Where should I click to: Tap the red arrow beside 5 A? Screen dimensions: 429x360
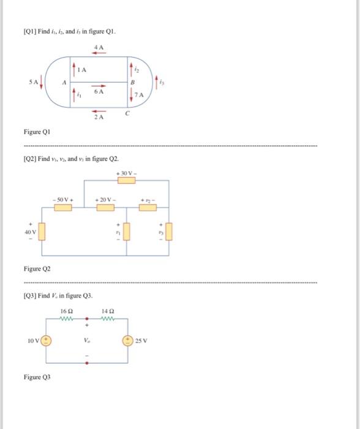point(41,82)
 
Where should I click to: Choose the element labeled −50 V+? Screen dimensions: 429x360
point(62,207)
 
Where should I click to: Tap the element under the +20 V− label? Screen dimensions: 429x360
point(105,207)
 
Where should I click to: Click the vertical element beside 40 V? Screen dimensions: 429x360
point(42,232)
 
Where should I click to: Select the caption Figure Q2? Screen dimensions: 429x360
point(37,269)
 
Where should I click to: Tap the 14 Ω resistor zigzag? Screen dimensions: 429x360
point(107,319)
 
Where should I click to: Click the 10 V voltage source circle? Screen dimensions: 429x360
point(46,340)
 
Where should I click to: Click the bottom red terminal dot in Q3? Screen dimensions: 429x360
point(86,362)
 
